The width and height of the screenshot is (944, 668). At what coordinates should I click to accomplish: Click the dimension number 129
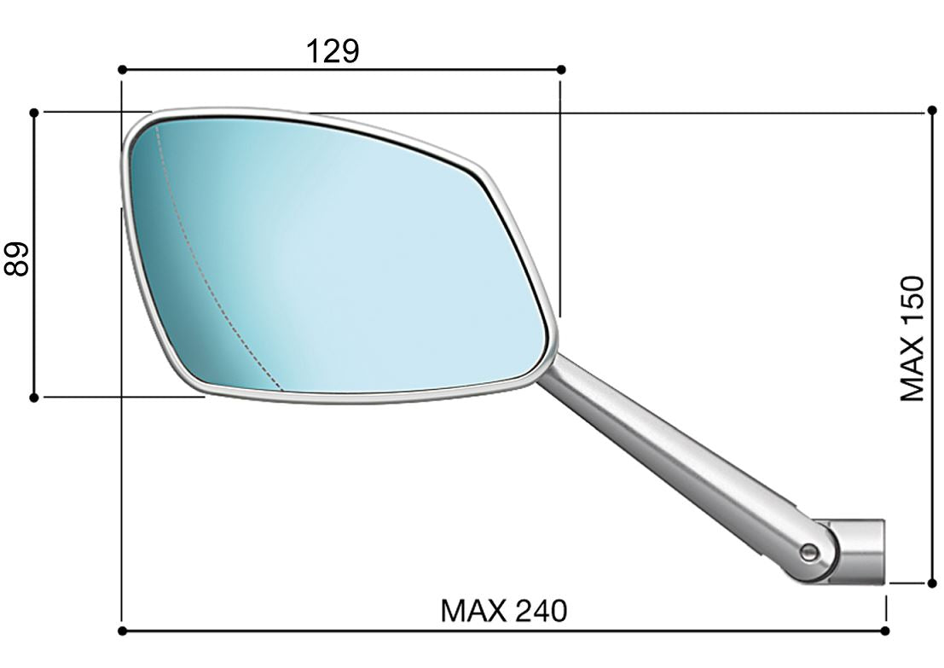pyautogui.click(x=333, y=51)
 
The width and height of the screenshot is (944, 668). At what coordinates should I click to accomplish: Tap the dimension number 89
pyautogui.click(x=18, y=258)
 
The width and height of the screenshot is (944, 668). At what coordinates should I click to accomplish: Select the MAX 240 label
pyautogui.click(x=503, y=611)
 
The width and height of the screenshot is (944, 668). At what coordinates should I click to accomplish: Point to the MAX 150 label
pyautogui.click(x=912, y=338)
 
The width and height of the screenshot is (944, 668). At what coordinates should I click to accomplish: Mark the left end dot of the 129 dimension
pyautogui.click(x=122, y=69)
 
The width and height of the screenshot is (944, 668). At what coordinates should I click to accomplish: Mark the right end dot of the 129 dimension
pyautogui.click(x=560, y=69)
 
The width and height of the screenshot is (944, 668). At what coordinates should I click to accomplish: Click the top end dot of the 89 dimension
pyautogui.click(x=33, y=112)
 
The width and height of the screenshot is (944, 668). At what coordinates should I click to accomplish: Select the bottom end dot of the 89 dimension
pyautogui.click(x=33, y=397)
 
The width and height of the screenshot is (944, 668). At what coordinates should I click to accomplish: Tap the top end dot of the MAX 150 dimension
pyautogui.click(x=931, y=112)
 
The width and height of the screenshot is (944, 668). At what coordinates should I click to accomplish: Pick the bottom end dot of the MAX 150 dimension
pyautogui.click(x=931, y=584)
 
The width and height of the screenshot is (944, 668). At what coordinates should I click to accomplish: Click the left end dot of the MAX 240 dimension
pyautogui.click(x=122, y=631)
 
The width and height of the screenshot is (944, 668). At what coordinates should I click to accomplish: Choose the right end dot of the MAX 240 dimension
pyautogui.click(x=886, y=631)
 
